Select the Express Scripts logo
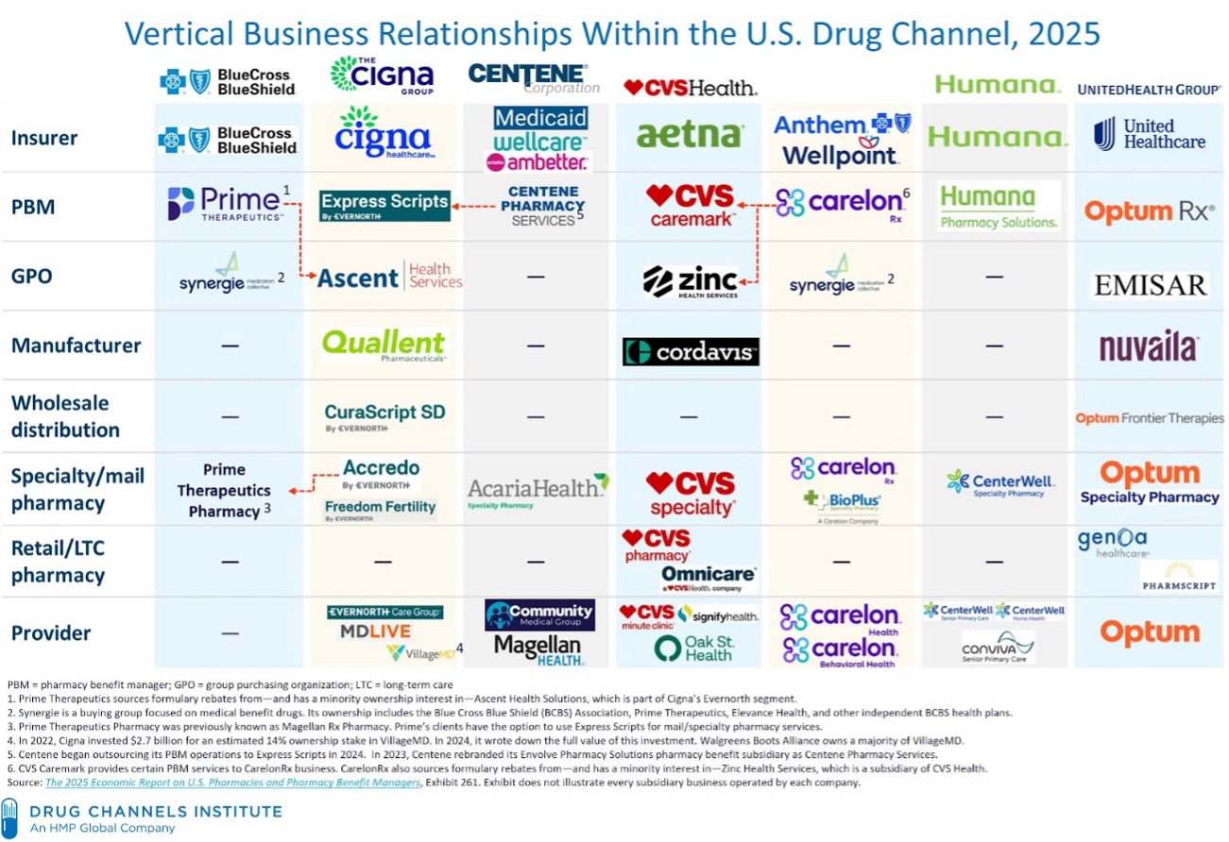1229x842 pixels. tap(384, 206)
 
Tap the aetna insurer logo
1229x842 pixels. tap(690, 135)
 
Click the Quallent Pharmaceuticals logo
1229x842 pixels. tap(383, 345)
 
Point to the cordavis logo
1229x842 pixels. tap(691, 352)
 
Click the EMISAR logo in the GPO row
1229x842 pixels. tap(1149, 284)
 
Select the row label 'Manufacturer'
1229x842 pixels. tap(76, 345)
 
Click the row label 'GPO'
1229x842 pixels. tap(31, 277)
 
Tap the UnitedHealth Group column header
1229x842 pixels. tap(1149, 89)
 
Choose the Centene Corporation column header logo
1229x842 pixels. tap(534, 78)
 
